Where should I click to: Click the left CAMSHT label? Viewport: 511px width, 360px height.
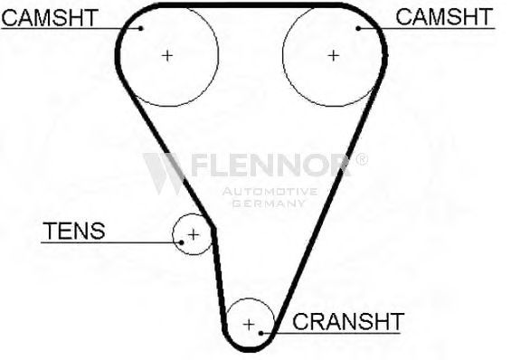point(50,17)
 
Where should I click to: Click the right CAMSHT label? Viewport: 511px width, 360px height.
point(444,17)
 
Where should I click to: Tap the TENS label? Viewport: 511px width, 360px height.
point(74,231)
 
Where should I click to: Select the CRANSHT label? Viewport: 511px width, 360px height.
point(348,321)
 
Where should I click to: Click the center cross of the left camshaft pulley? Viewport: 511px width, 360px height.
point(167,56)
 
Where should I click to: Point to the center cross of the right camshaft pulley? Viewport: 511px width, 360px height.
point(333,56)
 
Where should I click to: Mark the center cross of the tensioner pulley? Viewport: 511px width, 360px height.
point(194,234)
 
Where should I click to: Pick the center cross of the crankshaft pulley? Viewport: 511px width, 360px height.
point(249,325)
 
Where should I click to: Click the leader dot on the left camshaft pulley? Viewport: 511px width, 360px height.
point(141,28)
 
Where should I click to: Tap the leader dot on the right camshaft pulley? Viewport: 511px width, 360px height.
point(358,29)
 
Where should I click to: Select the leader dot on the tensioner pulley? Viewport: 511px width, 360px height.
point(182,242)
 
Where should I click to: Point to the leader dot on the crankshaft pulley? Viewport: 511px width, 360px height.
point(260,333)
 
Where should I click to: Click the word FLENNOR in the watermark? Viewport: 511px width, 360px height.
point(271,166)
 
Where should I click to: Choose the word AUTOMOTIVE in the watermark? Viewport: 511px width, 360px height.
point(270,191)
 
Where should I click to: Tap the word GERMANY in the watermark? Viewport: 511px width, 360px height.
point(269,204)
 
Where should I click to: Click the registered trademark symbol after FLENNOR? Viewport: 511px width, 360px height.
point(361,159)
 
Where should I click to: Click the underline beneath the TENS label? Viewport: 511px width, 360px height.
point(111,242)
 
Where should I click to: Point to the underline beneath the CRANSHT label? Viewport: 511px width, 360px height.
point(330,333)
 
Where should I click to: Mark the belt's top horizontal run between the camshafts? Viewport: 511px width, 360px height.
point(251,5)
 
